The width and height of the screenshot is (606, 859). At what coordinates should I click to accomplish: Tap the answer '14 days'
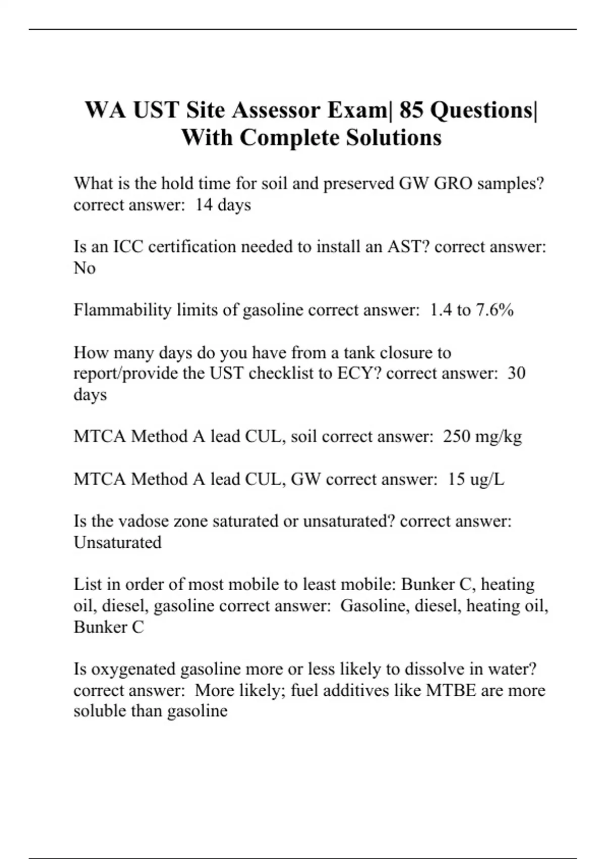pyautogui.click(x=223, y=205)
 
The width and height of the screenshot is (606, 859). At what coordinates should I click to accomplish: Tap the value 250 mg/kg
pyautogui.click(x=482, y=436)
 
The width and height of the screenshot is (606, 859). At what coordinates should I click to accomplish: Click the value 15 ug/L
pyautogui.click(x=476, y=479)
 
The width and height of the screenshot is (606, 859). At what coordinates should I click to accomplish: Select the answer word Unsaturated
pyautogui.click(x=118, y=542)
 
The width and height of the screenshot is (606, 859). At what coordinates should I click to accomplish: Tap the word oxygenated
pyautogui.click(x=134, y=669)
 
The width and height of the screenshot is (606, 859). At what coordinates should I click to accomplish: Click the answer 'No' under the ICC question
pyautogui.click(x=84, y=268)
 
